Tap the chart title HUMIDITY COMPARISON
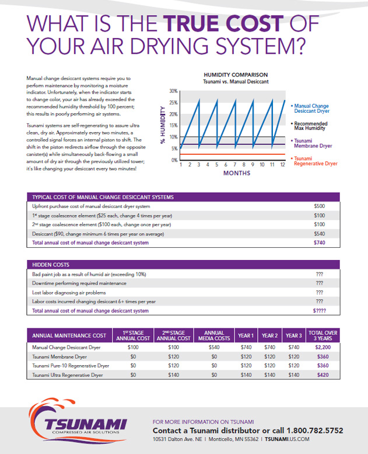point(235,75)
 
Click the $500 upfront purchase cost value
point(318,206)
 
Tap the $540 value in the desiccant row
point(318,233)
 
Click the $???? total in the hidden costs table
point(318,311)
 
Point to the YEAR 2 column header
point(269,335)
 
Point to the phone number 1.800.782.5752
point(313,430)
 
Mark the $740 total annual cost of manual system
point(318,242)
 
